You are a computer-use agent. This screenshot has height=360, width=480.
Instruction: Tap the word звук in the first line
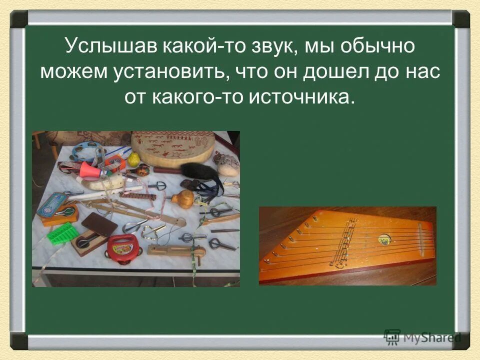[265, 47]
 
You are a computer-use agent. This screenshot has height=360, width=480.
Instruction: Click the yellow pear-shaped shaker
[133, 159]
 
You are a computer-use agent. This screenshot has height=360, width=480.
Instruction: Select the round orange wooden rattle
[183, 198]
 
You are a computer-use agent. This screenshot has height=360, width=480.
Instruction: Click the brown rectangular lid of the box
[100, 224]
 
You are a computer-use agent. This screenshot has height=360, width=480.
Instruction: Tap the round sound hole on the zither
[383, 240]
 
